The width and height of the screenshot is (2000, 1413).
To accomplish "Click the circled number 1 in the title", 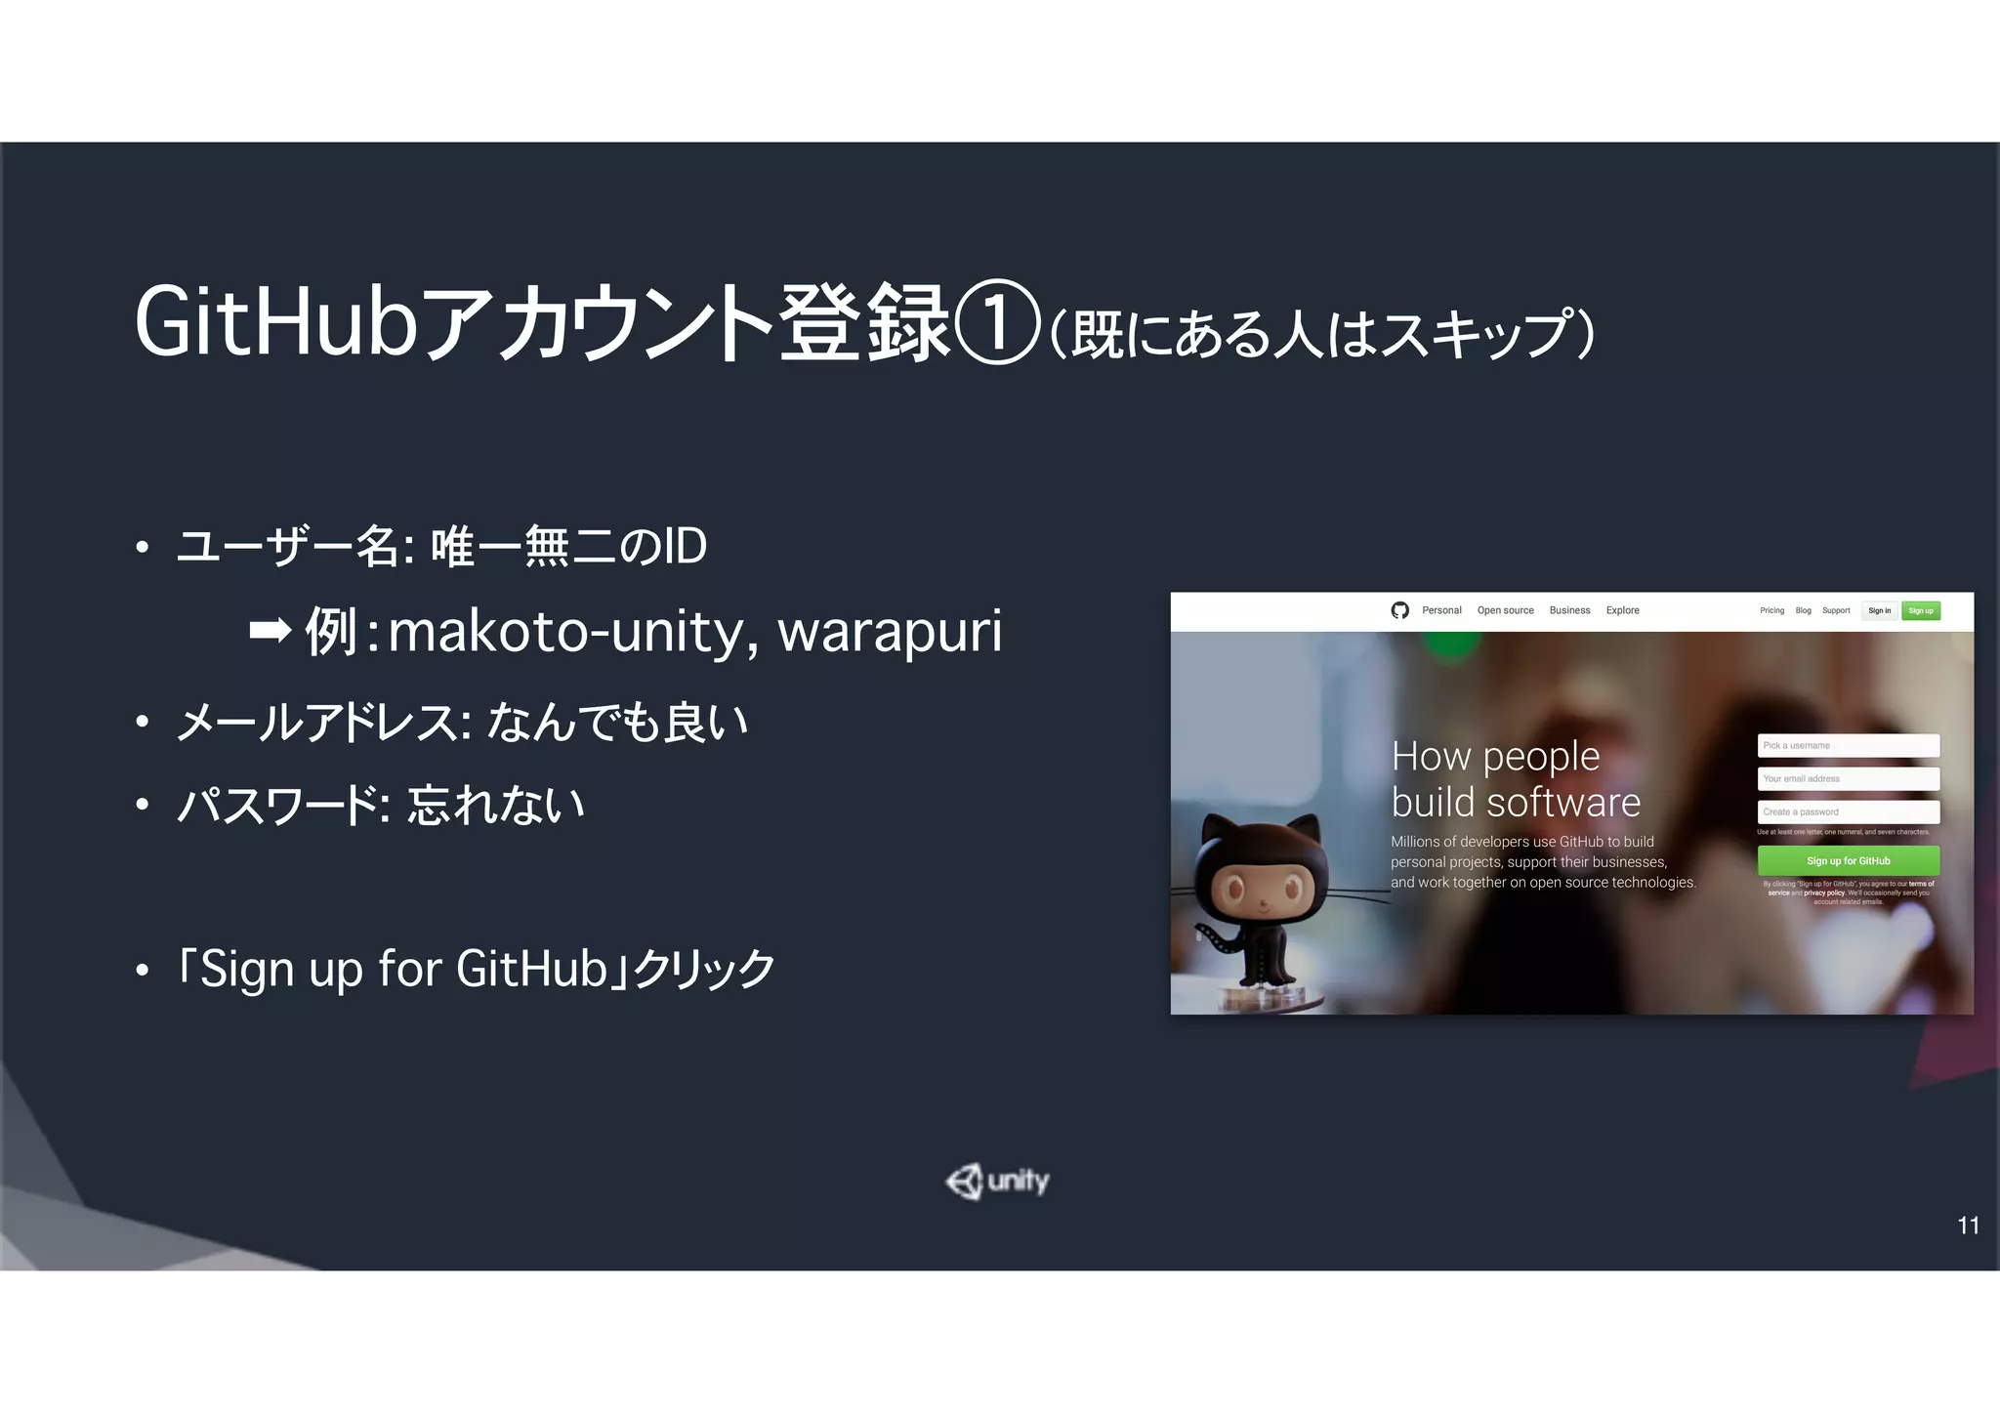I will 996,322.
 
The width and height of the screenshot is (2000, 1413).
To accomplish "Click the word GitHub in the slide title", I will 276,322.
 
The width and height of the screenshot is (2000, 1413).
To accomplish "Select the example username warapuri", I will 890,631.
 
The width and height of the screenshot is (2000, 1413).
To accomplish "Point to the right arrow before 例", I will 271,631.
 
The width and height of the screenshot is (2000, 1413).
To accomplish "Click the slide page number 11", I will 1968,1226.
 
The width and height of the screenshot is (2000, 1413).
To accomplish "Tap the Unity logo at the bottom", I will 997,1182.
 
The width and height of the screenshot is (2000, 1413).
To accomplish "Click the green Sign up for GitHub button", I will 1848,860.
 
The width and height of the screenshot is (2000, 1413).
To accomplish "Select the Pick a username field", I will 1848,745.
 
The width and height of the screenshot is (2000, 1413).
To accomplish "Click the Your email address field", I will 1848,778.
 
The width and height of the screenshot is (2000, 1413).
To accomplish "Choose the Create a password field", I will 1848,811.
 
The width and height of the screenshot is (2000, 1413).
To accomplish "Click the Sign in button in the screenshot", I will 1879,610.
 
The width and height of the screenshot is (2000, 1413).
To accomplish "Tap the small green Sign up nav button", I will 1921,610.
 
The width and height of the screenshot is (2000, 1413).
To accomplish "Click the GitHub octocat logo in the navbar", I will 1399,610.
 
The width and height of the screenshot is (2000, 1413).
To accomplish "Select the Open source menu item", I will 1505,610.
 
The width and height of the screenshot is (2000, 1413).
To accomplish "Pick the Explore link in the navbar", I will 1622,610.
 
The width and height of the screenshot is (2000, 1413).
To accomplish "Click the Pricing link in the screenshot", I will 1771,610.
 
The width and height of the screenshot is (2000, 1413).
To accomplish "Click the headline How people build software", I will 1515,778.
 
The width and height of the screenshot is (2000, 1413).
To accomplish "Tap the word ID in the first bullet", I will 684,546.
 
